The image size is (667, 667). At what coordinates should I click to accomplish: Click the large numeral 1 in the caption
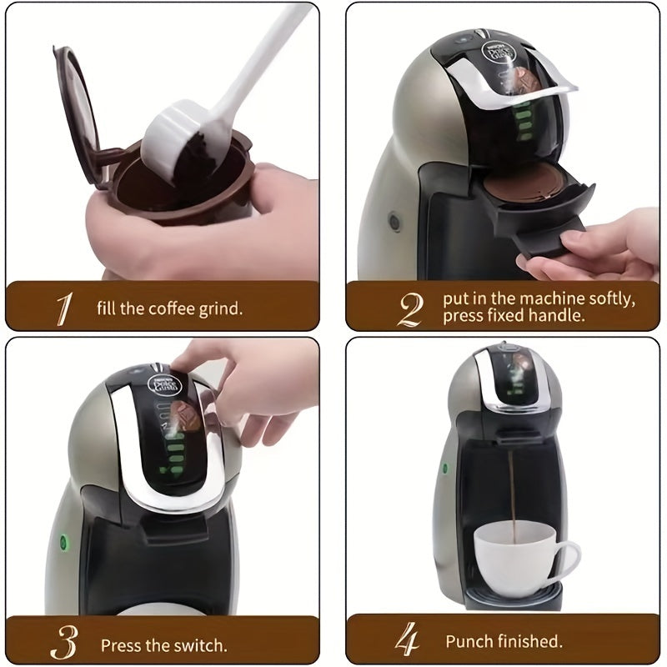pyautogui.click(x=63, y=307)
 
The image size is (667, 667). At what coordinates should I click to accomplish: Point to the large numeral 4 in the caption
pyautogui.click(x=408, y=642)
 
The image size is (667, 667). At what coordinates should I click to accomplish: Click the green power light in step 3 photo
pyautogui.click(x=63, y=541)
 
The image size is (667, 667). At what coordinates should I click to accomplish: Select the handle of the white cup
pyautogui.click(x=567, y=555)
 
